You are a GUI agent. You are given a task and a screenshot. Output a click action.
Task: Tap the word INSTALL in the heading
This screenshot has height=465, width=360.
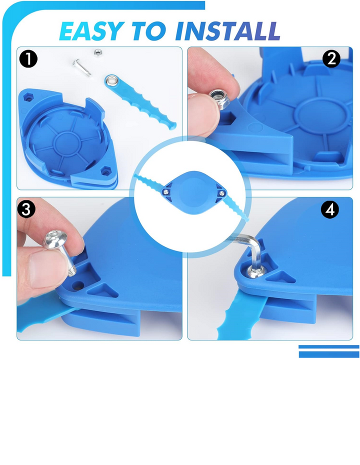pyautogui.click(x=227, y=31)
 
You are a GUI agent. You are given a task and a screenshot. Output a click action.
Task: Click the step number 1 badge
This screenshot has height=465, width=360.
pyautogui.click(x=28, y=59)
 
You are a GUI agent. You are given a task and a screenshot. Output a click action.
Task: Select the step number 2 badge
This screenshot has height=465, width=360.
pyautogui.click(x=331, y=58)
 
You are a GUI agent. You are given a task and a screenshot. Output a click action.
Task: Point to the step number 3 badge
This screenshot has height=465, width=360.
pyautogui.click(x=26, y=209)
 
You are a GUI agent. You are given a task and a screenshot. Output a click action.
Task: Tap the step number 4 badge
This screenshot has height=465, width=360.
pyautogui.click(x=330, y=209)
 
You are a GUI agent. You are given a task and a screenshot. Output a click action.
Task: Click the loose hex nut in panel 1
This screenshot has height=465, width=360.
pyautogui.click(x=96, y=53)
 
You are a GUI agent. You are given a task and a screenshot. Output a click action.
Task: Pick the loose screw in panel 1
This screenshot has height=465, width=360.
pyautogui.click(x=81, y=67)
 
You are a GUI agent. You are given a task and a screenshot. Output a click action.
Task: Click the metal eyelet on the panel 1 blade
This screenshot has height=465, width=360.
pyautogui.click(x=112, y=80)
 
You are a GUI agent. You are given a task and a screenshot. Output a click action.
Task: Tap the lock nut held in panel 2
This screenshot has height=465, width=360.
pyautogui.click(x=219, y=99)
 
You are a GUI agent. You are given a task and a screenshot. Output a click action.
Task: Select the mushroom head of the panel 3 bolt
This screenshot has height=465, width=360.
pyautogui.click(x=55, y=239)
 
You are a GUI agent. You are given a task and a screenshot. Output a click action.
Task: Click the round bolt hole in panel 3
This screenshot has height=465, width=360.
pyautogui.click(x=78, y=286)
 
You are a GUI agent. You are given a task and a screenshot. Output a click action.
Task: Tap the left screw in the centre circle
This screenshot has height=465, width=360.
pyautogui.click(x=167, y=192)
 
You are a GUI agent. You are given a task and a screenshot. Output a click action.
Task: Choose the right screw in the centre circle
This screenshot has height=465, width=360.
pyautogui.click(x=221, y=193)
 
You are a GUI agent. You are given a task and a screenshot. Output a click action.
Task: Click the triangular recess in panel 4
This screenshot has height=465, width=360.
pyautogui.click(x=280, y=277)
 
